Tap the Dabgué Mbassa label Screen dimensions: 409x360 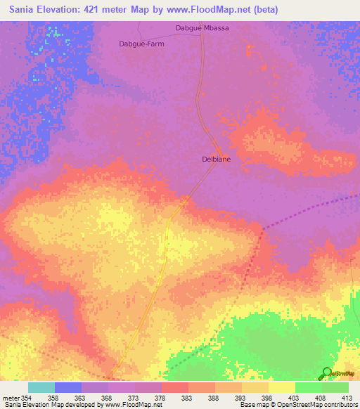click(x=202, y=29)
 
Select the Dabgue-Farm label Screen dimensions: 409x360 click(x=141, y=43)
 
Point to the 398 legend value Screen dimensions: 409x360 click(x=257, y=397)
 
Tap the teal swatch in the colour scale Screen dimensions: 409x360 click(x=41, y=387)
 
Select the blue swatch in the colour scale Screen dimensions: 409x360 click(x=68, y=387)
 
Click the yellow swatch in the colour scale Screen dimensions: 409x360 click(x=282, y=387)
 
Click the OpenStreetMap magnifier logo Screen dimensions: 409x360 click(x=327, y=373)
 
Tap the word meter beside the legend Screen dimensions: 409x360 click(x=10, y=397)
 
